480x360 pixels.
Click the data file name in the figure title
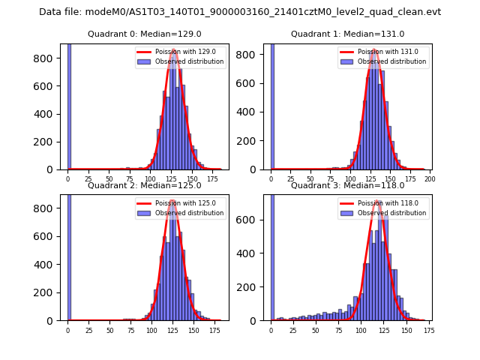240,12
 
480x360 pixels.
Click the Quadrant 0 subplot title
145,34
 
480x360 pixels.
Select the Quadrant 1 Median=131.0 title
347,34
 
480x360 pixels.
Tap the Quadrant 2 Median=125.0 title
145,185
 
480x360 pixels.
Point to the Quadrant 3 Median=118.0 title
347,185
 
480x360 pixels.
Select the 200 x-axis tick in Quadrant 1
430,179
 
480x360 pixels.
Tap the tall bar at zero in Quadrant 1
271,105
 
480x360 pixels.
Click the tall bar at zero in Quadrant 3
271,255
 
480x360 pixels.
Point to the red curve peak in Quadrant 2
173,201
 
